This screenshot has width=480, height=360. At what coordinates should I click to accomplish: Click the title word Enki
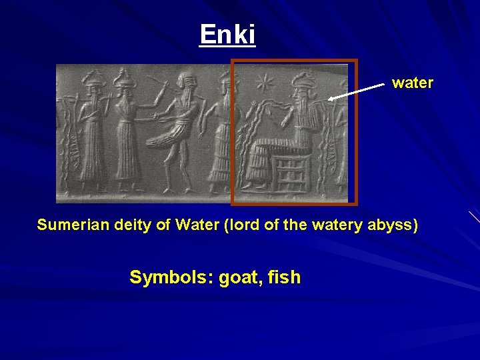tap(227, 34)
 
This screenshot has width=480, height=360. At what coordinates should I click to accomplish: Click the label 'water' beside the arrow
tap(412, 83)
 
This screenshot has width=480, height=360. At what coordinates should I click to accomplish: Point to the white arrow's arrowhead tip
tap(330, 99)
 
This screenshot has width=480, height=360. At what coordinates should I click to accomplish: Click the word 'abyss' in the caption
tap(395, 225)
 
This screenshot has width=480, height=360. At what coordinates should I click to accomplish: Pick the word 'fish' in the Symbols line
tap(285, 277)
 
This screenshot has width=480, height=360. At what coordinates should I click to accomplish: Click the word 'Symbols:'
tap(169, 277)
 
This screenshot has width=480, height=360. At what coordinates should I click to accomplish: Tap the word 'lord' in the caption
tap(241, 225)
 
